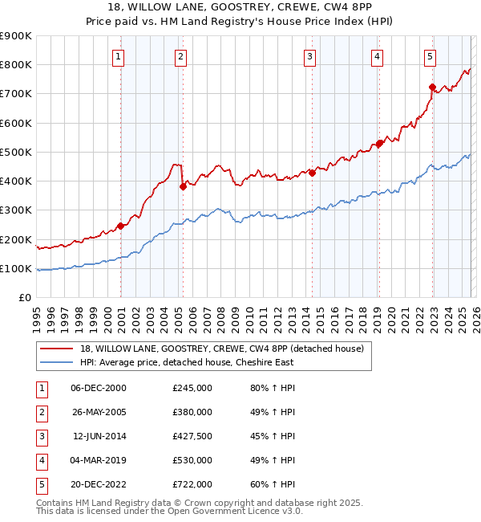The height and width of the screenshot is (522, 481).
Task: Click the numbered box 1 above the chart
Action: tap(118, 56)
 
